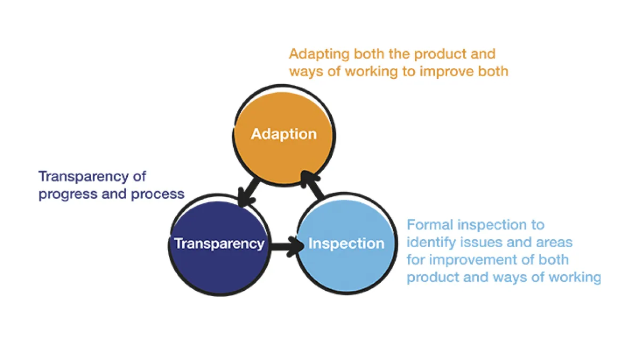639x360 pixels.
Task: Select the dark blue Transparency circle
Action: click(x=219, y=266)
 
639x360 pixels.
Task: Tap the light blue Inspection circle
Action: click(x=346, y=266)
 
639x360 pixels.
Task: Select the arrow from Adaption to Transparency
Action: click(x=248, y=191)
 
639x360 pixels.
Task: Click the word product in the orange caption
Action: click(x=439, y=54)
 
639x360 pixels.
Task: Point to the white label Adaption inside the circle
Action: click(x=284, y=134)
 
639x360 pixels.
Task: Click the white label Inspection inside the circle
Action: click(x=346, y=243)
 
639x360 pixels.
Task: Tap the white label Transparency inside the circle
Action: click(x=219, y=243)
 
